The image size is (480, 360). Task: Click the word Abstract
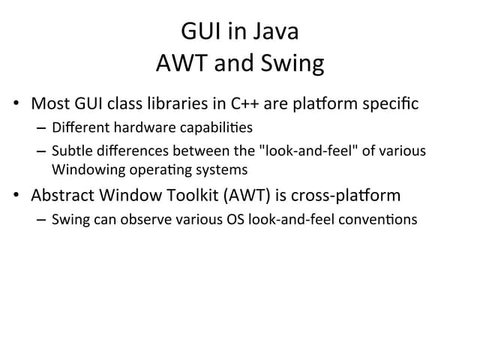[63, 196]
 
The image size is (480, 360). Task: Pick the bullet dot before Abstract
[18, 196]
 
